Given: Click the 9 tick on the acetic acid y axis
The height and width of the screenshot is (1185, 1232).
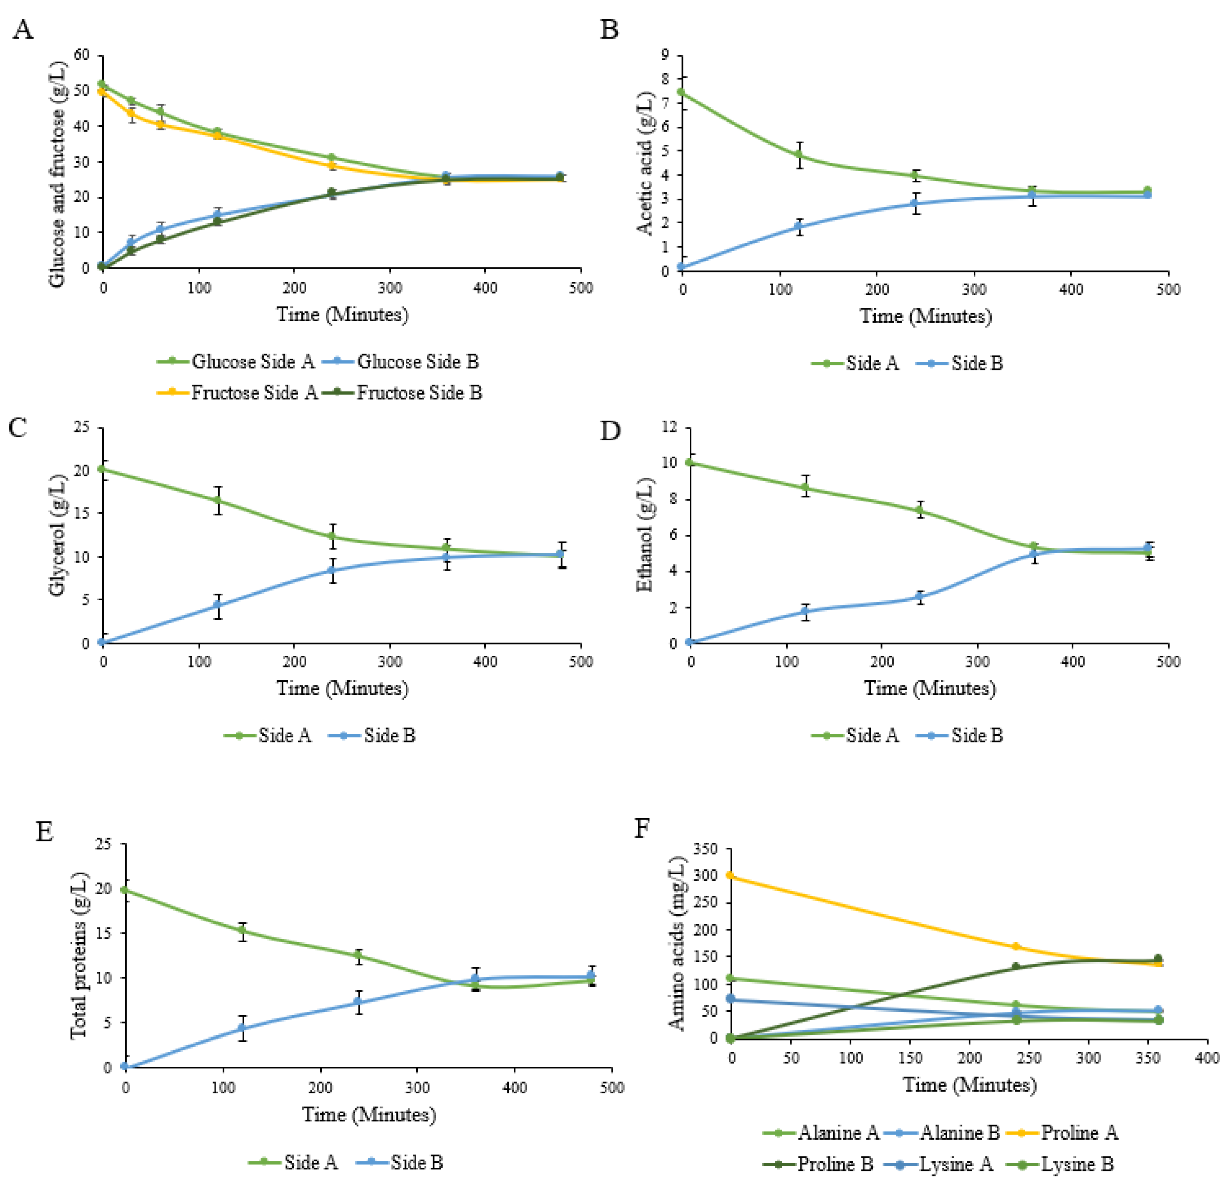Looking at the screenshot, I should pos(664,55).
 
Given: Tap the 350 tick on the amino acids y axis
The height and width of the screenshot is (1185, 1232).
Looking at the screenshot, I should pos(705,849).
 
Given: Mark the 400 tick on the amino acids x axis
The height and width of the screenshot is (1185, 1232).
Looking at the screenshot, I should pos(1207,1058).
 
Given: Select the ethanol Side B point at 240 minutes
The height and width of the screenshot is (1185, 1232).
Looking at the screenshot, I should pos(920,597).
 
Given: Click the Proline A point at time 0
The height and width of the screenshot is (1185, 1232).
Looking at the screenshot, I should pos(730,875).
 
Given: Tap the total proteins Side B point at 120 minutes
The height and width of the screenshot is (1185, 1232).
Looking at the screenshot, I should pos(242,1028).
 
